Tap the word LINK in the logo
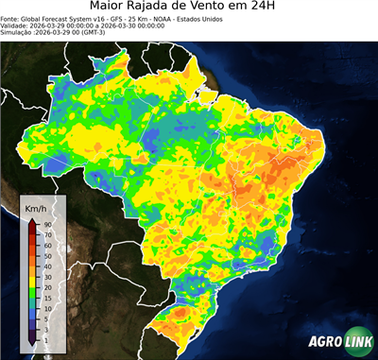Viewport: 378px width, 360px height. tap(356, 342)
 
